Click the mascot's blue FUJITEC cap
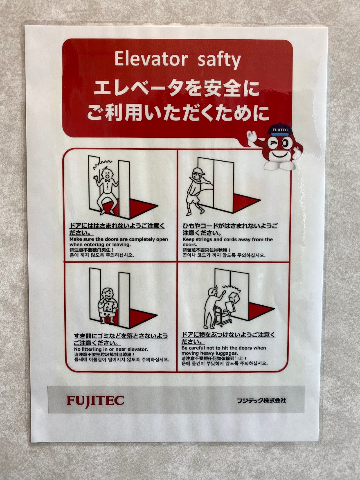(x=280, y=129)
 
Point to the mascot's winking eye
(x=272, y=143)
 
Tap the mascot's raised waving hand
(x=252, y=136)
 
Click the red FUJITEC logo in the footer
(x=95, y=401)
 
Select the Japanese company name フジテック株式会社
(x=261, y=400)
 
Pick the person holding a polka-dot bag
(x=108, y=305)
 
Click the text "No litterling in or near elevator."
(x=111, y=349)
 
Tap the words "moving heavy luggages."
(x=209, y=353)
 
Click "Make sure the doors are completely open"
(x=119, y=239)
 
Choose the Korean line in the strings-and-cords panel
(x=224, y=255)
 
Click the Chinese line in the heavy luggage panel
(x=214, y=358)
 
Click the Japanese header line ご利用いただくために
(x=178, y=113)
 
